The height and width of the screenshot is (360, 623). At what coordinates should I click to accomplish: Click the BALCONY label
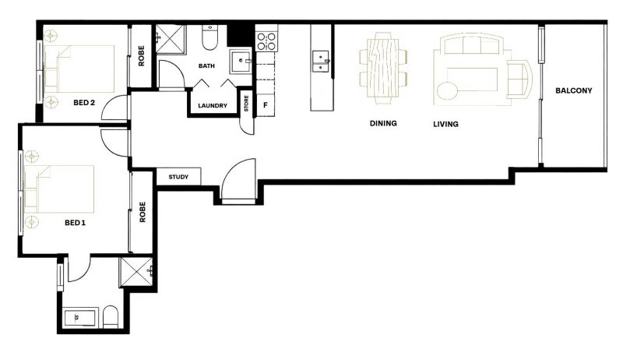point(573,90)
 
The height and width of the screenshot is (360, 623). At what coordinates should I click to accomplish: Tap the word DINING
point(383,123)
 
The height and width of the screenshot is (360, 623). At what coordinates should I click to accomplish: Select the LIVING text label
point(445,124)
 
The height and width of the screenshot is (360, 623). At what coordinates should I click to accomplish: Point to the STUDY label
point(178,177)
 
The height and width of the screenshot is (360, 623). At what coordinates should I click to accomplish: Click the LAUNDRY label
point(213,106)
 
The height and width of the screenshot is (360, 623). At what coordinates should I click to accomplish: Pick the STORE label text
point(246,104)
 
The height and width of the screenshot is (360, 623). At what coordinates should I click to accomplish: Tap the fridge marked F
point(266,105)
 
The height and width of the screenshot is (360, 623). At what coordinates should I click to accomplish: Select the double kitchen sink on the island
point(320,62)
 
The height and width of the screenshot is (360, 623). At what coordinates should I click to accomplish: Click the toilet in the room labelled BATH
point(209,37)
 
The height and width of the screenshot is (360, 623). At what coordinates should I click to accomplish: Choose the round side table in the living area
point(447,91)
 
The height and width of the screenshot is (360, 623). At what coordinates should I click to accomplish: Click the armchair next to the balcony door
point(519,79)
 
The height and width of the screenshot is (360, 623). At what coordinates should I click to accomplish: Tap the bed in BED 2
point(79,69)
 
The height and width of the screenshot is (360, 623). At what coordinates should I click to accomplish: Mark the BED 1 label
point(75,223)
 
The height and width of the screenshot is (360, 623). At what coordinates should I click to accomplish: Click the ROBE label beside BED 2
point(142,55)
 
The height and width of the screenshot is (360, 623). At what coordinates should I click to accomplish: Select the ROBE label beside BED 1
point(143,212)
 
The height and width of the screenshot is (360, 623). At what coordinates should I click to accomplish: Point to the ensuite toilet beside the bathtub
point(111,317)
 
